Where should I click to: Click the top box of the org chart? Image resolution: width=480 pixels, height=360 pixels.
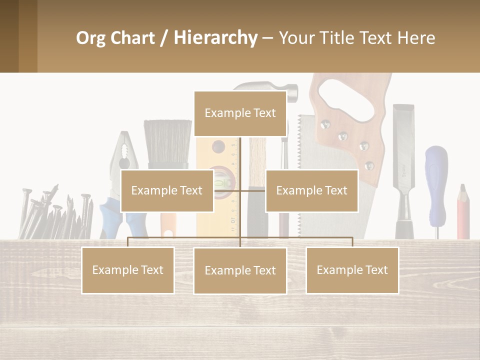[x=240, y=113]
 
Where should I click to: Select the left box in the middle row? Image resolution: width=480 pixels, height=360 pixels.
[x=167, y=190]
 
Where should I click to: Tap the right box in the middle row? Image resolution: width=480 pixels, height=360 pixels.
[x=311, y=190]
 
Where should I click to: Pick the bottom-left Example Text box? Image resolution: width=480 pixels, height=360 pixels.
[x=128, y=270]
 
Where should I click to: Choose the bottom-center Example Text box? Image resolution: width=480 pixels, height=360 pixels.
[x=240, y=270]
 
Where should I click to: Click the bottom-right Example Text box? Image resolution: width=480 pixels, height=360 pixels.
[x=352, y=270]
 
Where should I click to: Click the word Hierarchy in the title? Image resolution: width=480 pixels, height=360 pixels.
[x=215, y=37]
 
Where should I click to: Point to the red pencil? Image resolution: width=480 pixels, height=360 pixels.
[x=463, y=212]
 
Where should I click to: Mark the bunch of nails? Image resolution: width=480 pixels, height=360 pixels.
[x=55, y=212]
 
